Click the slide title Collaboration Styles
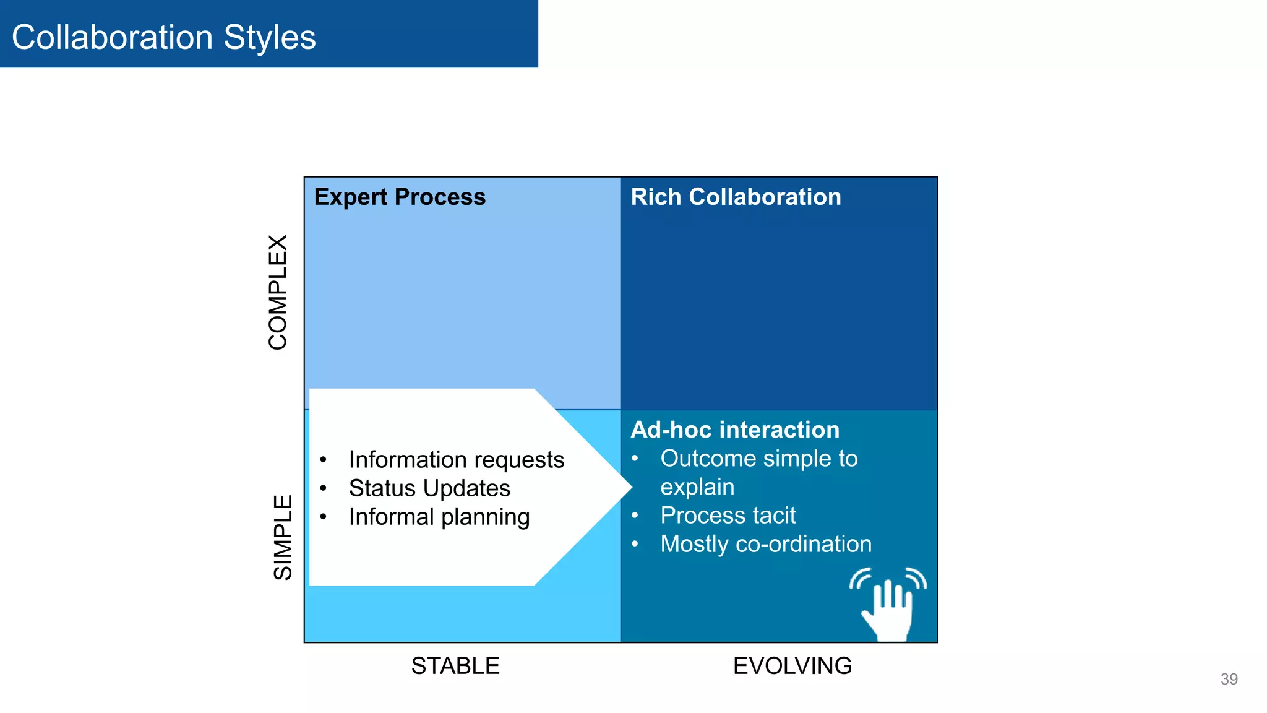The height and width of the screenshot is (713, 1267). coord(163,37)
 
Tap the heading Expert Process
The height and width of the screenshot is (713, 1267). coord(400,197)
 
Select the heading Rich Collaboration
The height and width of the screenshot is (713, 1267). coord(736,197)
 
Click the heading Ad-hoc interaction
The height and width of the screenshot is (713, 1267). coord(735,430)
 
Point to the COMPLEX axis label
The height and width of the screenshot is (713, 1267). coord(278,292)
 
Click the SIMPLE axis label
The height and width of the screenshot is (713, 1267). coord(283,537)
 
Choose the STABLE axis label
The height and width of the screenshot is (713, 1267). coord(455,666)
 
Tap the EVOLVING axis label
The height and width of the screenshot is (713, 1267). coord(792,666)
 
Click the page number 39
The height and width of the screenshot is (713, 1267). coord(1229,679)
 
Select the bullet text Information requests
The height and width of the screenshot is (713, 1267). coord(456,460)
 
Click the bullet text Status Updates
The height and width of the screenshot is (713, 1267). coord(429,488)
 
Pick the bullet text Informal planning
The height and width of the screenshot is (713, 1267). coord(439,517)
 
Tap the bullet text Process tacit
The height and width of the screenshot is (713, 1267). coord(728,516)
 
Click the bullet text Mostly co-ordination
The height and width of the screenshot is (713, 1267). coord(766,544)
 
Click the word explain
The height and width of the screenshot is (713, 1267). coord(697,487)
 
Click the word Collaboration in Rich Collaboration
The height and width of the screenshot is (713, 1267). coord(765,197)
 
